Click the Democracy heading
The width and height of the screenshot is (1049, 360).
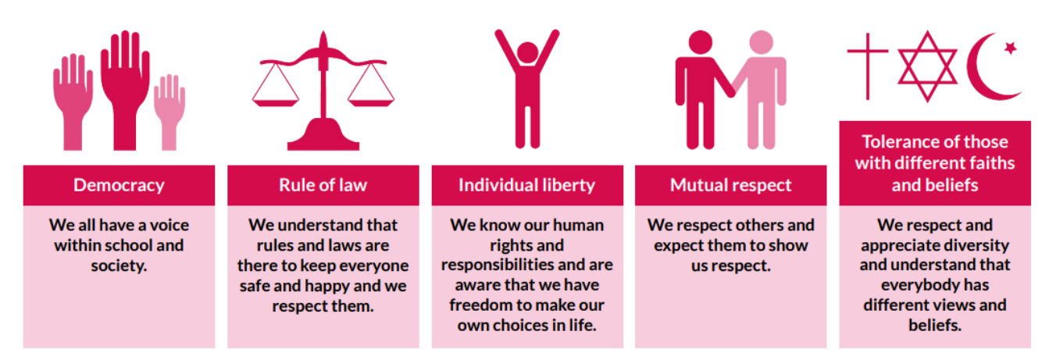point(119,185)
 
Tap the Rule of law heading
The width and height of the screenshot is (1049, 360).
point(323,185)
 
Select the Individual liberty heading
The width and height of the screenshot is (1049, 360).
point(526,185)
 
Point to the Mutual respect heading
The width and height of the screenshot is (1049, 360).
point(731,185)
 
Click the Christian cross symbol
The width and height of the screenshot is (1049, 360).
point(868,66)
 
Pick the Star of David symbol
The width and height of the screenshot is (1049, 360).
point(927,66)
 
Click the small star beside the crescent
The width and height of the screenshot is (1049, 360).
point(1011,48)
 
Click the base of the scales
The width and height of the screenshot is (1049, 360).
point(323,135)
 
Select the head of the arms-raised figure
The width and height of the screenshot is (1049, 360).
point(527,52)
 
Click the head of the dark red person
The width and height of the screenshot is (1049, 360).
point(701,43)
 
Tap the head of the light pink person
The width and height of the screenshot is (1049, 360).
point(761,43)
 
